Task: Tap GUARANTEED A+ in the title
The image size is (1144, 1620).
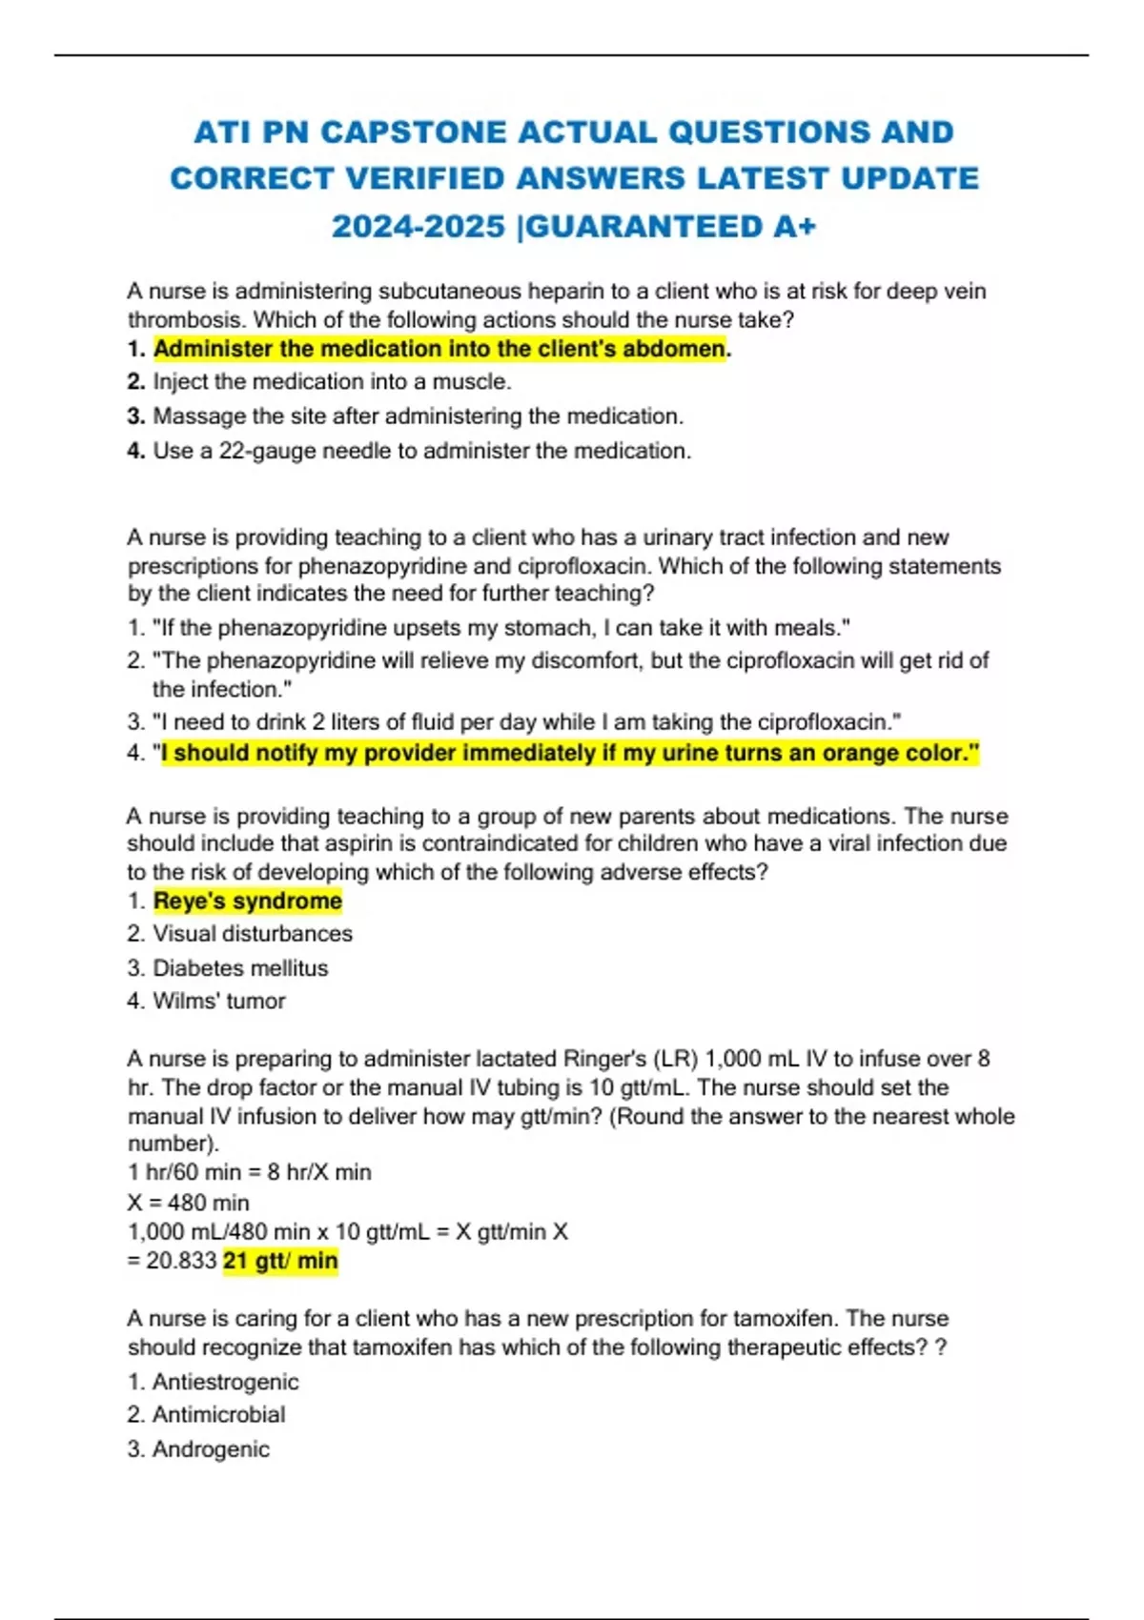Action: click(x=672, y=227)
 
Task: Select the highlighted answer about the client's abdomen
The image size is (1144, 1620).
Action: click(x=439, y=349)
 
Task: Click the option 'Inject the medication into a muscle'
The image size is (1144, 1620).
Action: click(x=332, y=382)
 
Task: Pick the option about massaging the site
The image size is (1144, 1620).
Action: click(x=418, y=416)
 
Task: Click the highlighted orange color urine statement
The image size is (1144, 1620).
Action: click(x=570, y=753)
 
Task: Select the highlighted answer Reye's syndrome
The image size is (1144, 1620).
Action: click(x=247, y=901)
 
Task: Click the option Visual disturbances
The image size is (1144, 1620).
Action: click(x=253, y=934)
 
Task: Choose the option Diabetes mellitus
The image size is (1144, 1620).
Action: click(x=240, y=968)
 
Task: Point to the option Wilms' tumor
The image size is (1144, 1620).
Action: click(x=219, y=1001)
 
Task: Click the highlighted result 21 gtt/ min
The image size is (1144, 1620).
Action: click(x=280, y=1261)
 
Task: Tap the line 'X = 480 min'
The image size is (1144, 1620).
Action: click(x=189, y=1203)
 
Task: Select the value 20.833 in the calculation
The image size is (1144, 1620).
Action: click(x=181, y=1261)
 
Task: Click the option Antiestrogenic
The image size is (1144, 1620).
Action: click(x=225, y=1382)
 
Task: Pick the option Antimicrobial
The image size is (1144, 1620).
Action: click(x=218, y=1415)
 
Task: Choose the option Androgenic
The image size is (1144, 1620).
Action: click(x=211, y=1449)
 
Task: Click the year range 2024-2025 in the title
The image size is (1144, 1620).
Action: click(x=418, y=227)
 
